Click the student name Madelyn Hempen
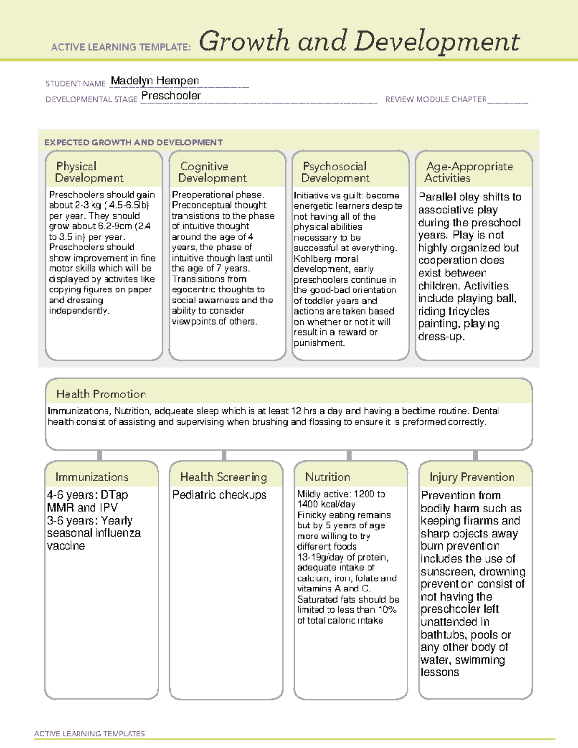point(155,80)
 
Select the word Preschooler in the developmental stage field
point(171,96)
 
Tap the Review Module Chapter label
point(435,99)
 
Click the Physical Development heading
point(89,172)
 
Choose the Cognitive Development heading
point(212,172)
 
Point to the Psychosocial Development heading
point(335,172)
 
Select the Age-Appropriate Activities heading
point(469,172)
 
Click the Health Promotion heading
point(101,394)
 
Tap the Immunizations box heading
point(92,477)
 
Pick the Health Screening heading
point(223,477)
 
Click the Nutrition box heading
point(328,477)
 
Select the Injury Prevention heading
point(472,477)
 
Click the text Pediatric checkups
point(219,495)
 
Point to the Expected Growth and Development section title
point(133,143)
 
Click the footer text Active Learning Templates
point(90,734)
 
